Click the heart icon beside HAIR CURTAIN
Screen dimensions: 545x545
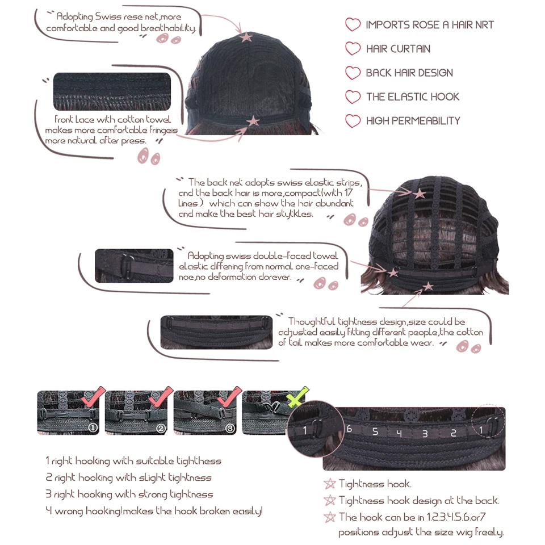click(x=353, y=49)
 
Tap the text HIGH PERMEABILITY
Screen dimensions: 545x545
click(x=413, y=120)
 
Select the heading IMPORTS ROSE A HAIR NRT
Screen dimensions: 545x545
click(x=429, y=25)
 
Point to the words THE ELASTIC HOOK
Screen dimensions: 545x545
click(x=412, y=97)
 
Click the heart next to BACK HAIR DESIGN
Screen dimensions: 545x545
click(x=353, y=73)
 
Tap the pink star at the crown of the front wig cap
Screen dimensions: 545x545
click(x=246, y=37)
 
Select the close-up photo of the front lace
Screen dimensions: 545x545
click(x=112, y=91)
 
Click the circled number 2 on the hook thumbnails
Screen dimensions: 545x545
click(x=161, y=429)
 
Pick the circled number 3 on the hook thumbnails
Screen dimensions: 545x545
click(x=229, y=429)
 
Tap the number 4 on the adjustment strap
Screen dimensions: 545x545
click(x=400, y=433)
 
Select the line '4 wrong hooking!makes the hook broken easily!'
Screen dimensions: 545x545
click(x=154, y=511)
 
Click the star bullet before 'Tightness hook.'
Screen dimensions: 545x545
click(x=329, y=484)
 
